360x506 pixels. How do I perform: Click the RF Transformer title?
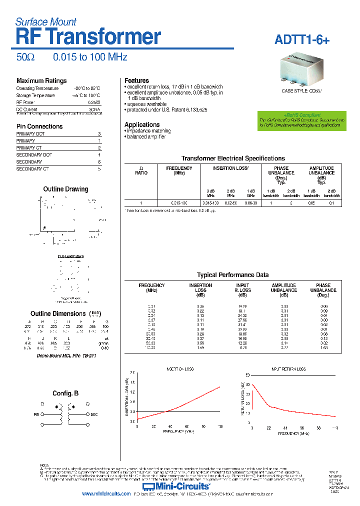click(88, 37)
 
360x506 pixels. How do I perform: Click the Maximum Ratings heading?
click(41, 81)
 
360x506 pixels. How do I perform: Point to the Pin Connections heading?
click(39, 126)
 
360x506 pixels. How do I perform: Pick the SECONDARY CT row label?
click(32, 169)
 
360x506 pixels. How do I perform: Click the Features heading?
click(136, 80)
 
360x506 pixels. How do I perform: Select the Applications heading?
click(142, 124)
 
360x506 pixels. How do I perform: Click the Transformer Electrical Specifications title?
click(233, 158)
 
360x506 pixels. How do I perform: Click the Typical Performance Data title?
click(232, 275)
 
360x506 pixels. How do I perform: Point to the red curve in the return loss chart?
click(290, 411)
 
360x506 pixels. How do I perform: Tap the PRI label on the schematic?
click(36, 414)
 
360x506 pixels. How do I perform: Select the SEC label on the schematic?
click(94, 414)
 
